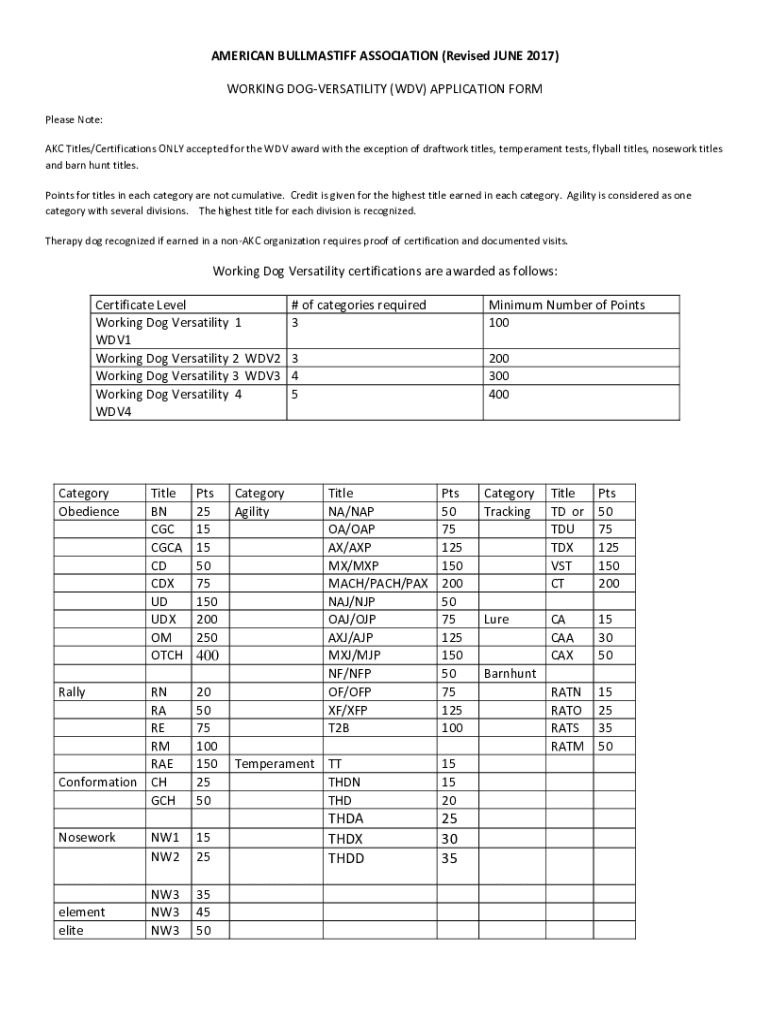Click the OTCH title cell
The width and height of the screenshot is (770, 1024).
tap(166, 655)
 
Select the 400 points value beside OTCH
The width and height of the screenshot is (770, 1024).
tap(207, 655)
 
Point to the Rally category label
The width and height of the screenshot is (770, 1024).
tap(72, 691)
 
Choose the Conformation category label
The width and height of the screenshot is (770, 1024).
tap(97, 781)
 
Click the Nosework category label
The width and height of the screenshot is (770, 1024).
tap(87, 837)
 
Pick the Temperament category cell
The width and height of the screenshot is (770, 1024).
tap(273, 764)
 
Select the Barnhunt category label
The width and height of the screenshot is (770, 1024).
tap(510, 673)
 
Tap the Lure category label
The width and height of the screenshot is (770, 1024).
tap(497, 619)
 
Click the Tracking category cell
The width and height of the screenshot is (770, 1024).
tap(507, 511)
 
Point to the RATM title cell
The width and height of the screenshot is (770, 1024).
tap(567, 745)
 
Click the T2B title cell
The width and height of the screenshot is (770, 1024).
tap(339, 727)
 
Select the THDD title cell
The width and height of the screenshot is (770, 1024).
tap(346, 858)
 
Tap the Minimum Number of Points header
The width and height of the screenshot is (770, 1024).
tap(566, 305)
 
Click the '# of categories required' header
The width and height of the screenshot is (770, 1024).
tap(358, 305)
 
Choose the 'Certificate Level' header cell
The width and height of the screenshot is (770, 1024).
tap(140, 305)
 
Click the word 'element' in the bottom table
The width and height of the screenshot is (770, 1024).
tap(81, 912)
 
